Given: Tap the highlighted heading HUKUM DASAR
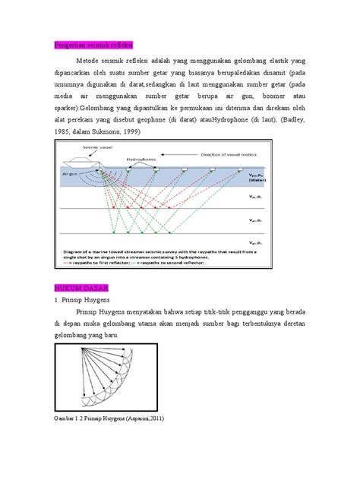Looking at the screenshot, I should (x=76, y=289).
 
